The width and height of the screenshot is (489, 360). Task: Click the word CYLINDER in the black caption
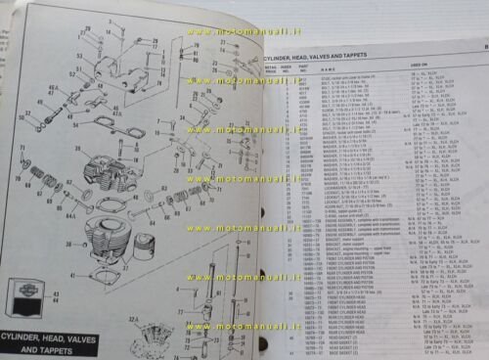point(35,331)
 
